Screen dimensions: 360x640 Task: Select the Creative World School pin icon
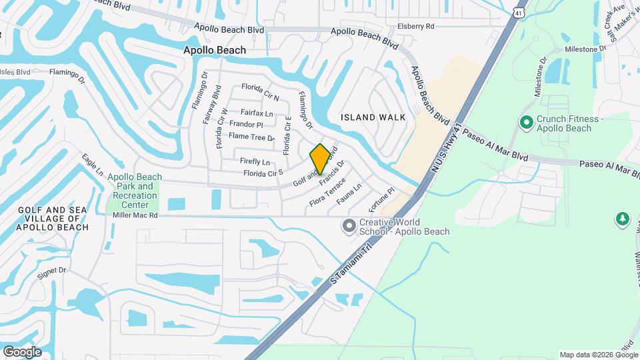point(349,227)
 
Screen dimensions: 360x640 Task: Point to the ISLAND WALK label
point(373,117)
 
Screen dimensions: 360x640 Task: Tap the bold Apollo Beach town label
point(215,50)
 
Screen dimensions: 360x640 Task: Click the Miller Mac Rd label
point(135,215)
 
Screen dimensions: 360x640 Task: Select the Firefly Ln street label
point(255,162)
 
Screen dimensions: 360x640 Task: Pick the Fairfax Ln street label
point(257,113)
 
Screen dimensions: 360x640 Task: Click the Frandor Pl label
point(246,124)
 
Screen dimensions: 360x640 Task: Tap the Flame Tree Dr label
point(251,137)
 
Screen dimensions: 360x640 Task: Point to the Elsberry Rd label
point(415,27)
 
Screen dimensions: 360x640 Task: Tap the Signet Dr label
point(53,271)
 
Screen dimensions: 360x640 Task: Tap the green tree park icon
point(623,219)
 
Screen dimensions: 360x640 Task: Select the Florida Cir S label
point(263,173)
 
